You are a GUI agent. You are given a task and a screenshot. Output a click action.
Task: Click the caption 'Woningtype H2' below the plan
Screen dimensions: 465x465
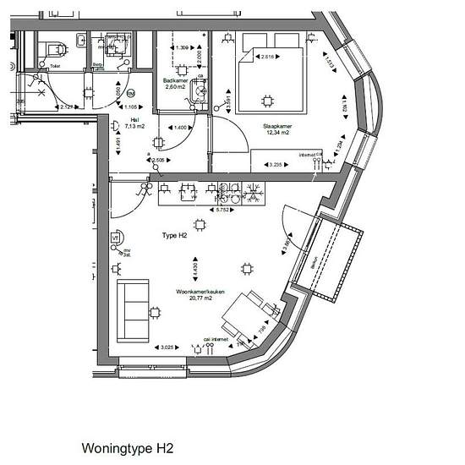[127, 447]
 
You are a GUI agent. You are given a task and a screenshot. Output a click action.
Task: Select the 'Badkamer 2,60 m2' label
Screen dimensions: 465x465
[176, 84]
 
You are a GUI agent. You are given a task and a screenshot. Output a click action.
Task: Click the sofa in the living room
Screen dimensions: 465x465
[133, 309]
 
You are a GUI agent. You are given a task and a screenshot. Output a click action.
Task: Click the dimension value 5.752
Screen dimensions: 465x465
[223, 209]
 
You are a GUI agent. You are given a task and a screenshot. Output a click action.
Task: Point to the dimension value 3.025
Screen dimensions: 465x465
[168, 347]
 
